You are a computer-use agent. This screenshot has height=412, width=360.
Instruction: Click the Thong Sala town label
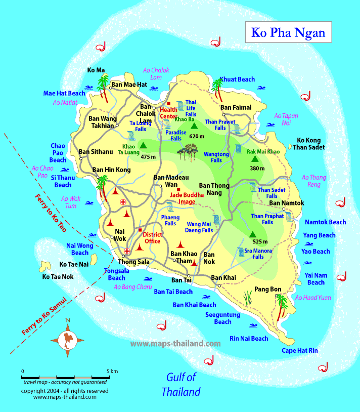(133, 262)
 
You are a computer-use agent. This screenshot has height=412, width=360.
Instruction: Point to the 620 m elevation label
(196, 136)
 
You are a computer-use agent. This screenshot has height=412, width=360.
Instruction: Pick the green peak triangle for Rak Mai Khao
(255, 159)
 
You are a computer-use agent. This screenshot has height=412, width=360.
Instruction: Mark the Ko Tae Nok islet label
(58, 276)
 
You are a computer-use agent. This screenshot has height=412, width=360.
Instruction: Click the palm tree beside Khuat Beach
(218, 89)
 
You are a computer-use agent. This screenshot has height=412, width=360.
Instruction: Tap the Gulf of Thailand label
(181, 384)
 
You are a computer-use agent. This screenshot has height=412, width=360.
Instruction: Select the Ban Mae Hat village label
(129, 85)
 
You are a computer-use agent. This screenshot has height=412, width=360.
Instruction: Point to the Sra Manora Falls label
(258, 253)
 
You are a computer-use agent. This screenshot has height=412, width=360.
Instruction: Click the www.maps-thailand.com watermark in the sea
(175, 343)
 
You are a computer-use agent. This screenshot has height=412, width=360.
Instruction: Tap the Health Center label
(169, 112)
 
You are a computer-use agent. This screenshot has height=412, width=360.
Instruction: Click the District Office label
(152, 238)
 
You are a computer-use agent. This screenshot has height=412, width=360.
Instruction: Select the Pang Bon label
(268, 289)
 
